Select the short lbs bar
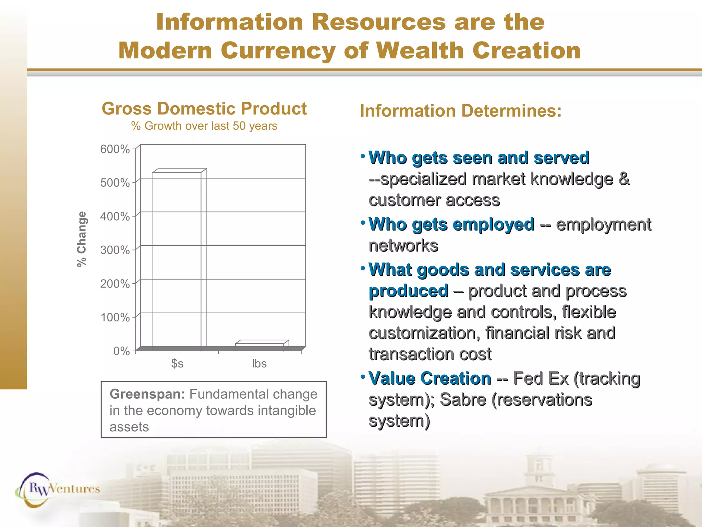260,345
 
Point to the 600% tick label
115,149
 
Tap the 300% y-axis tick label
115,250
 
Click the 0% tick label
121,351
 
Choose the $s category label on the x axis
177,363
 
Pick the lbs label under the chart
259,363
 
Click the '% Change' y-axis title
82,239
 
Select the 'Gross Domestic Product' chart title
204,109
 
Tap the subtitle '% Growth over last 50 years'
204,126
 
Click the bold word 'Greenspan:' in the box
147,394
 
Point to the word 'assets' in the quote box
129,427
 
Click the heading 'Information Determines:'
461,111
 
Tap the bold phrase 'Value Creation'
430,378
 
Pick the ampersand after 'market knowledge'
624,179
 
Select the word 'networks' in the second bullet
403,246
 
